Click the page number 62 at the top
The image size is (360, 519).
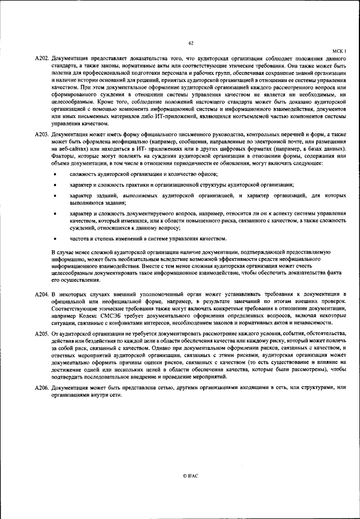point(191,43)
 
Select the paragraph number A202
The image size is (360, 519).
point(42,58)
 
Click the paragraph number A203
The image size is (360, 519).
point(42,135)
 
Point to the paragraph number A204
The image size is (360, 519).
point(42,294)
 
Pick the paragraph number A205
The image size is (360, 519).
point(42,333)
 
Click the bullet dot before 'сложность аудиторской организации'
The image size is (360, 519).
point(55,175)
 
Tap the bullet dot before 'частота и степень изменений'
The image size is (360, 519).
point(55,238)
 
